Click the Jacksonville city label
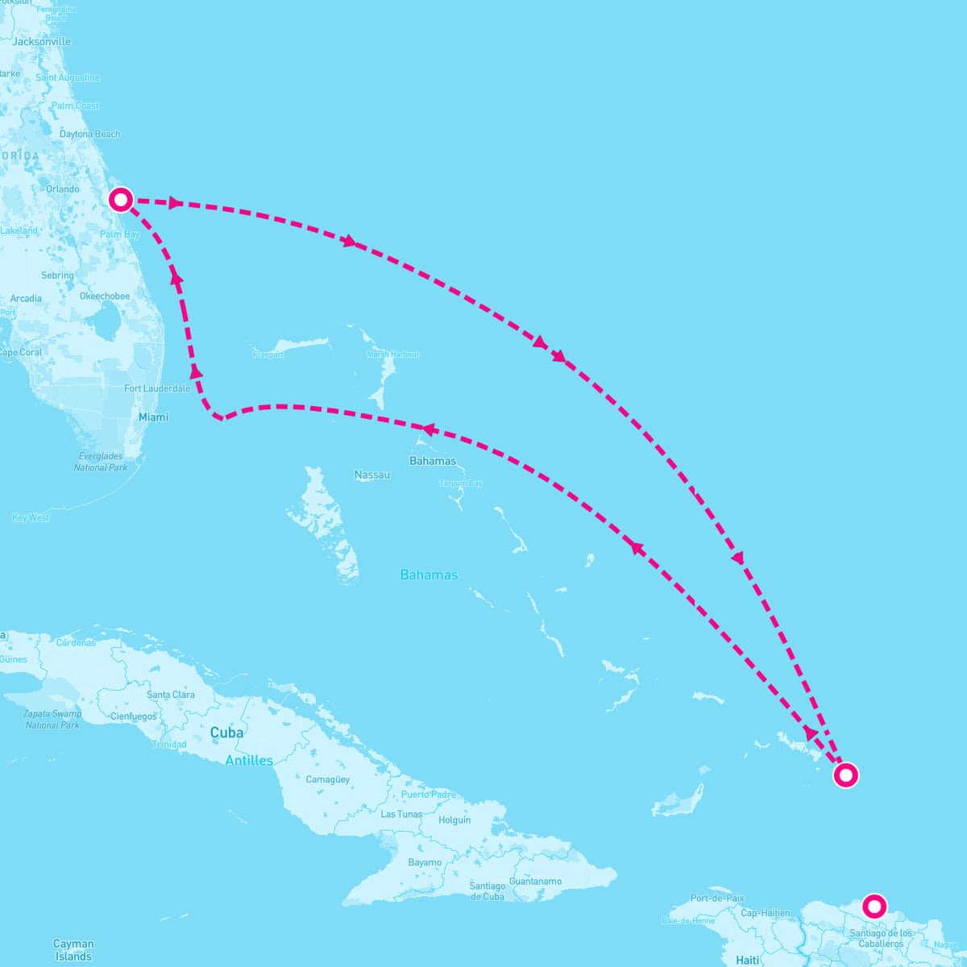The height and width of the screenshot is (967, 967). tap(42, 41)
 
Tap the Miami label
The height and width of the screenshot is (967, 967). tap(153, 417)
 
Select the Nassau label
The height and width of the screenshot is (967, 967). tap(371, 475)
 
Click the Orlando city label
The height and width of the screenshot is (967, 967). tap(62, 189)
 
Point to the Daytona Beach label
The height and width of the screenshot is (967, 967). tap(89, 134)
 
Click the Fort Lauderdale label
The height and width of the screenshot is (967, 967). tap(157, 388)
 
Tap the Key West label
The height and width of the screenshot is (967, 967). tap(31, 517)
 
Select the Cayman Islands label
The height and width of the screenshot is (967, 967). tap(73, 950)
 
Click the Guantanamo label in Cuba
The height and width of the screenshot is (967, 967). tap(535, 881)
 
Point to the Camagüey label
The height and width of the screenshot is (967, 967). tap(328, 779)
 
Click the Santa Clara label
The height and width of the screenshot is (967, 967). tap(171, 695)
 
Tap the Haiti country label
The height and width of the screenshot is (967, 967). tap(747, 960)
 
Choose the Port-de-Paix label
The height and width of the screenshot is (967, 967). tap(717, 898)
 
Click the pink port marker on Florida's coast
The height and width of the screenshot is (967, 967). tap(120, 199)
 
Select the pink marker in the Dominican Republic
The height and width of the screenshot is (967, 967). tap(874, 906)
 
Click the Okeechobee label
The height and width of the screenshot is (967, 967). tap(104, 296)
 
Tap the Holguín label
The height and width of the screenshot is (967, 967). tap(454, 820)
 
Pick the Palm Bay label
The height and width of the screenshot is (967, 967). tap(120, 234)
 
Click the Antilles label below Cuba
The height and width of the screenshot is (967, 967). tap(249, 761)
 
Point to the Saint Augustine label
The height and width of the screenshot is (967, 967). tap(68, 77)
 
